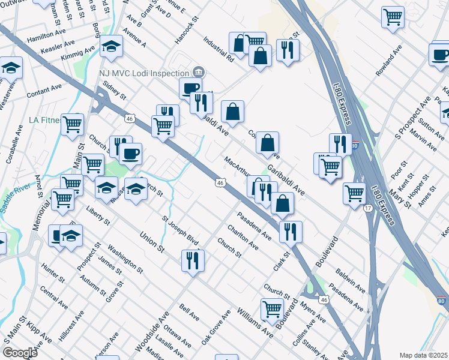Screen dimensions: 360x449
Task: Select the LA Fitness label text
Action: pyautogui.click(x=44, y=120)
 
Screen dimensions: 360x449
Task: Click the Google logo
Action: pyautogui.click(x=20, y=353)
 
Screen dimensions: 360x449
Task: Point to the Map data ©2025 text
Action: pyautogui.click(x=424, y=355)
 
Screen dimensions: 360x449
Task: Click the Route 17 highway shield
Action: pyautogui.click(x=366, y=208)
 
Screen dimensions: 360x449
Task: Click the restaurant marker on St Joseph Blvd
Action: pyautogui.click(x=193, y=261)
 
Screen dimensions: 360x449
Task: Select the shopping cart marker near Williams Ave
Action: pyautogui.click(x=272, y=310)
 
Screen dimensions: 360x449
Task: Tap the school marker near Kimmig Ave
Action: pyautogui.click(x=112, y=47)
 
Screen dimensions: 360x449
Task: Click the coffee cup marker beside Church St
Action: pyautogui.click(x=130, y=154)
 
